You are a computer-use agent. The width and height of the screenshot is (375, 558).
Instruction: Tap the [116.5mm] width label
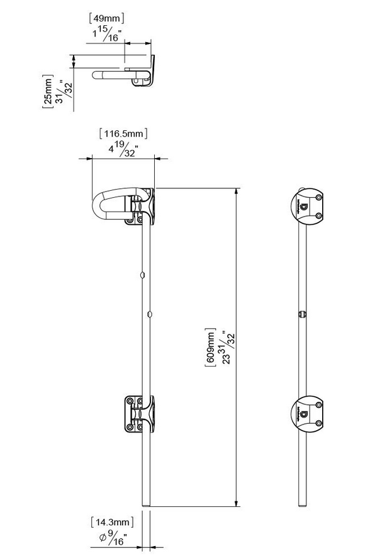[x=123, y=134]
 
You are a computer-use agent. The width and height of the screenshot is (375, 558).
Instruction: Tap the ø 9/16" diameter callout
[x=113, y=538]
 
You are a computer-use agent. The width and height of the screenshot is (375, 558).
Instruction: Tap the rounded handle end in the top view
[x=96, y=76]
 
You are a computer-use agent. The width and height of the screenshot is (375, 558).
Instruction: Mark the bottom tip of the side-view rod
[x=303, y=504]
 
